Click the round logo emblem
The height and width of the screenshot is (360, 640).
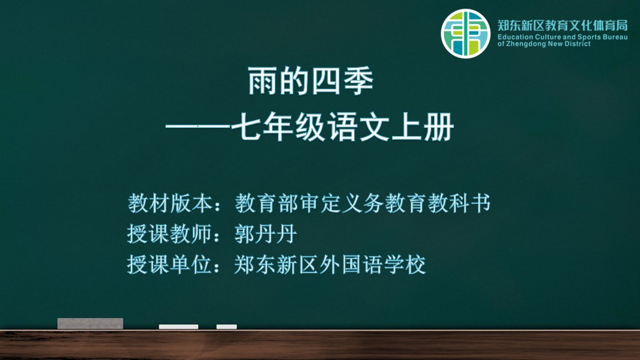pos(465,33)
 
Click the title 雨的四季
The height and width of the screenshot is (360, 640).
pos(311,81)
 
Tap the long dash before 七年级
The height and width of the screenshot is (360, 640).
pos(198,127)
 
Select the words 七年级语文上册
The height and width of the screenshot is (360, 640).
pos(343,127)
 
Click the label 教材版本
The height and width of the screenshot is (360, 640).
pos(170,203)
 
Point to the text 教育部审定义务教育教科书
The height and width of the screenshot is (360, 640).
pos(363,203)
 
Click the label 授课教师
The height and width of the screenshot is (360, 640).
pos(170,234)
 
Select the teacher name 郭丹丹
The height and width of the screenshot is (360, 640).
pos(266,234)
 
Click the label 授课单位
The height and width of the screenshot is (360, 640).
pos(170,265)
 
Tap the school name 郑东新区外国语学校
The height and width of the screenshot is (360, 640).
pos(330,265)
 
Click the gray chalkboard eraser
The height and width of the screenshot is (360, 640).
pos(90,323)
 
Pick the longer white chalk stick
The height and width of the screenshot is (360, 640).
pos(179,327)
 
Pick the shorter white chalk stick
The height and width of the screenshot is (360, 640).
pos(227,327)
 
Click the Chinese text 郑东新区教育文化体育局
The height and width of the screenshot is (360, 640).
pos(563,25)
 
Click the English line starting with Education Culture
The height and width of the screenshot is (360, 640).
pos(563,37)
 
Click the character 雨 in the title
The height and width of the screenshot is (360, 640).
pos(263,81)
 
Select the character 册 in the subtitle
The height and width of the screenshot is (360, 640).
pos(439,127)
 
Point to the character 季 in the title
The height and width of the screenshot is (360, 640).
pos(359,81)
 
